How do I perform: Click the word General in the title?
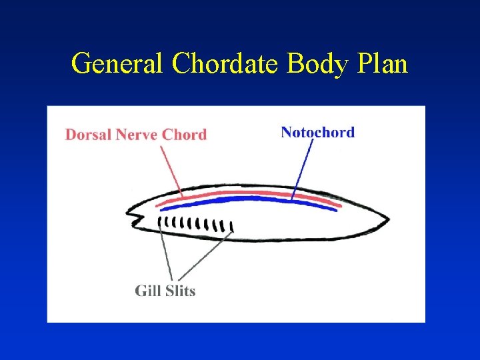[x=118, y=64]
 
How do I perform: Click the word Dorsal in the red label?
[x=89, y=135]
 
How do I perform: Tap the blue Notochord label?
[x=317, y=132]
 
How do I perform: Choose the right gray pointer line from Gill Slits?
[x=203, y=257]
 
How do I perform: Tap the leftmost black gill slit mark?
[x=159, y=221]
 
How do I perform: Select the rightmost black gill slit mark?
[x=231, y=228]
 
